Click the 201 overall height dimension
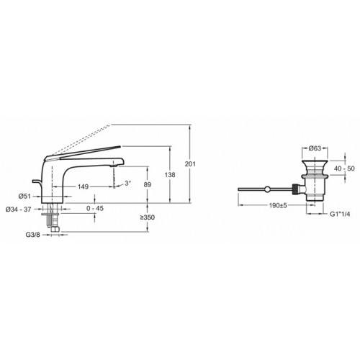pyautogui.click(x=190, y=164)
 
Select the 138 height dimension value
pyautogui.click(x=170, y=175)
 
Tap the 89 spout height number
pyautogui.click(x=148, y=184)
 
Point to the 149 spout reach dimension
pyautogui.click(x=84, y=186)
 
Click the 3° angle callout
pyautogui.click(x=128, y=184)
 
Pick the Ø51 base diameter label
pyautogui.click(x=24, y=197)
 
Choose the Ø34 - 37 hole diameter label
pyautogui.click(x=18, y=210)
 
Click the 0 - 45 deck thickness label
pyautogui.click(x=95, y=208)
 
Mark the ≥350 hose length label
pyautogui.click(x=148, y=217)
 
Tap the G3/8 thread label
pyautogui.click(x=33, y=235)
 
